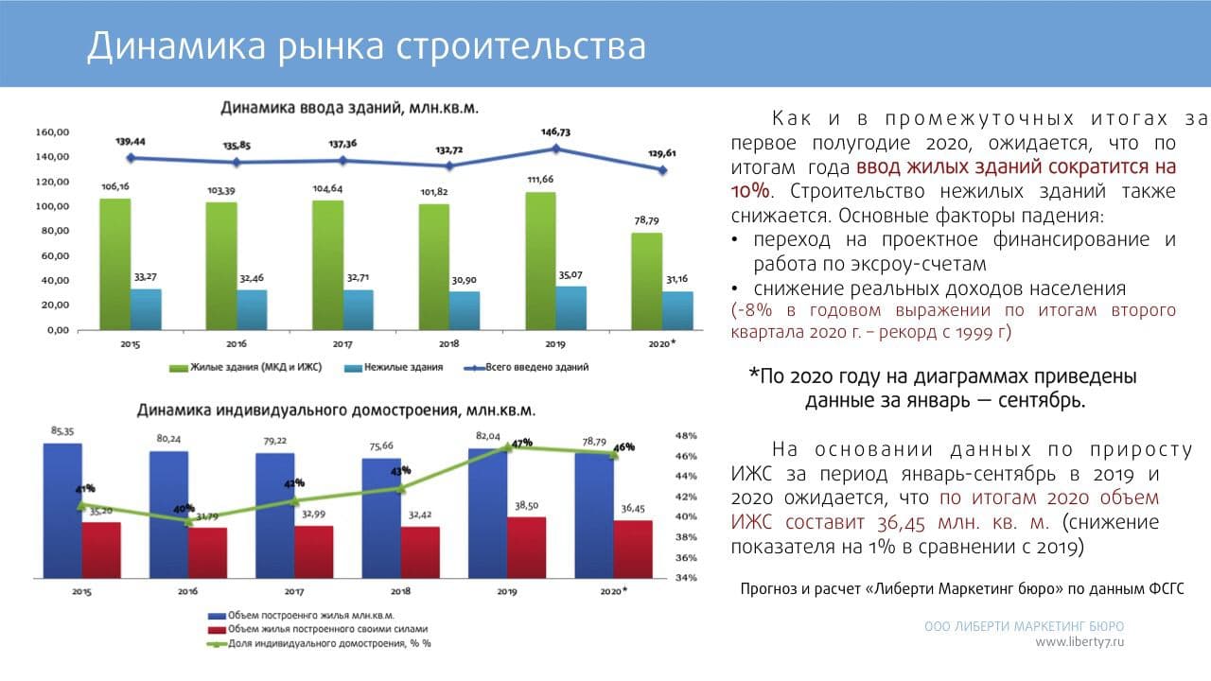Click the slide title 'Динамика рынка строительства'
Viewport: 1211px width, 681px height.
pos(366,45)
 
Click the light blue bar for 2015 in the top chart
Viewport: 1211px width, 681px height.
pos(146,309)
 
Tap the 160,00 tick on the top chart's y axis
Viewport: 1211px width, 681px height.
pos(51,132)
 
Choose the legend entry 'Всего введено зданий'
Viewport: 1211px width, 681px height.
pos(536,367)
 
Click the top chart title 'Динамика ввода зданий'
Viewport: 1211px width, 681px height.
pos(349,108)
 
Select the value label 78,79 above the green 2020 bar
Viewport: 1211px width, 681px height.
pos(646,220)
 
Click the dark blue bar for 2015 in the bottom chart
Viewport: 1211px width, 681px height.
pos(62,511)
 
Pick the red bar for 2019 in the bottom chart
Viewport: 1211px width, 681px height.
pos(526,548)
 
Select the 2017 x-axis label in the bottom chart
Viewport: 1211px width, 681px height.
pos(293,591)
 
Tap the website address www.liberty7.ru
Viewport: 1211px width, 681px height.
pos(1079,642)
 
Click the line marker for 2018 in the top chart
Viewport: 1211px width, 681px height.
pos(449,166)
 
